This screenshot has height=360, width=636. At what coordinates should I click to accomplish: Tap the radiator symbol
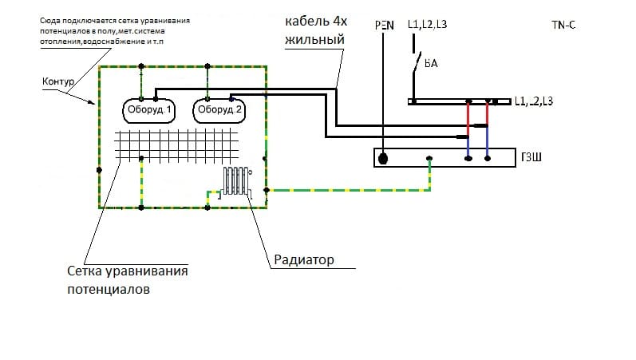coord(237,182)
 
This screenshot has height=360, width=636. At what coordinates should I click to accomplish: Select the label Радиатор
coord(304,259)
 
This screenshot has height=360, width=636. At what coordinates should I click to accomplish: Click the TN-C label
coord(563,26)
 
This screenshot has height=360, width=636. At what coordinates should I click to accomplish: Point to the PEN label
coord(384,26)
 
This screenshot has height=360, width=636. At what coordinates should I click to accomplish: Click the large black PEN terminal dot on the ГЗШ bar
coord(383,159)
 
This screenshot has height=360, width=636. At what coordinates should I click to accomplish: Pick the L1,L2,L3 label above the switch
coord(427,26)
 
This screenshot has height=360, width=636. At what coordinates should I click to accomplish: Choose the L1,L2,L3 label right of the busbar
coord(534,101)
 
